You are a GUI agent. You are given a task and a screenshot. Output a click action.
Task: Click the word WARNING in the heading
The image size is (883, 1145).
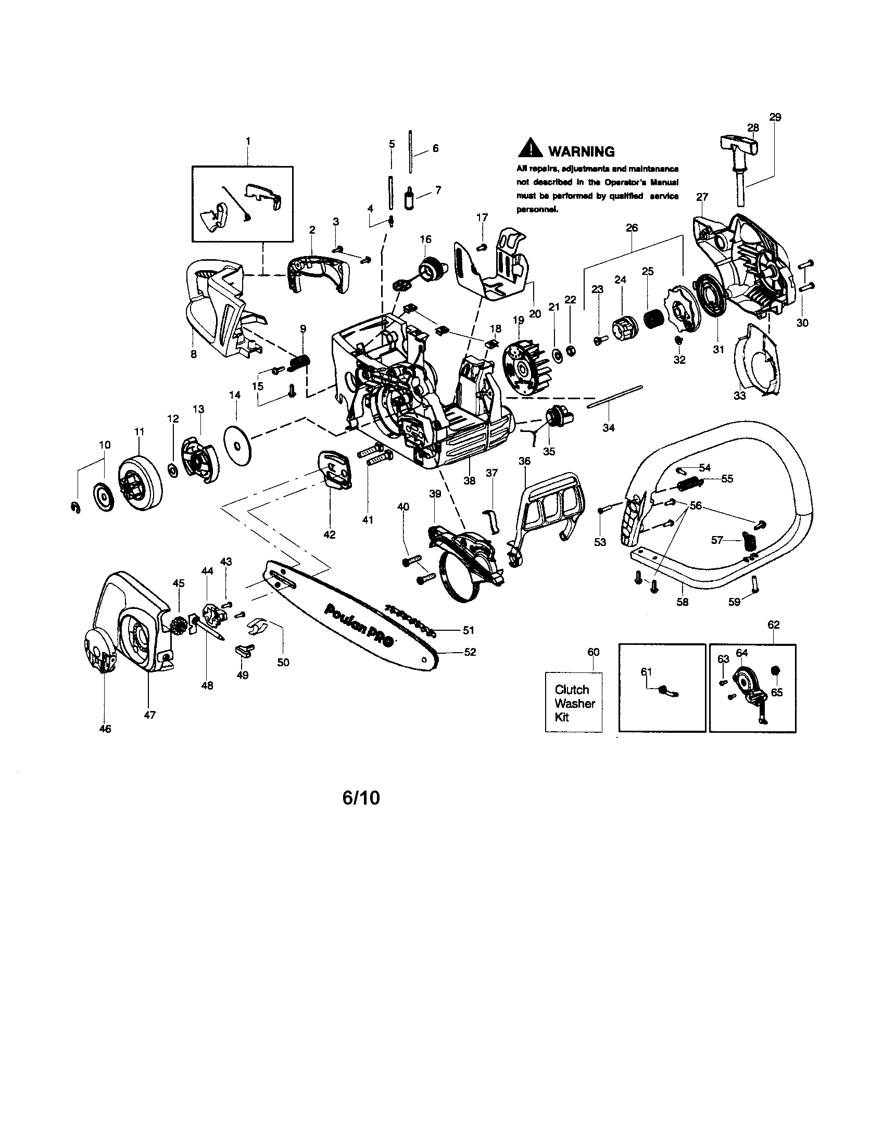[581, 151]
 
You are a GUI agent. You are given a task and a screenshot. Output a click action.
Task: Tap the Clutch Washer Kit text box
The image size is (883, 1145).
[573, 703]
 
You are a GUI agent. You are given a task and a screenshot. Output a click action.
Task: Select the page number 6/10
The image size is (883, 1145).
[361, 797]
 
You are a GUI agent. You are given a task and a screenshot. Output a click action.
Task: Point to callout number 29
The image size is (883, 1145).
[775, 118]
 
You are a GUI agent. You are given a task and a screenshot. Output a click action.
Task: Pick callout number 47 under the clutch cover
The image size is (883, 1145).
[149, 715]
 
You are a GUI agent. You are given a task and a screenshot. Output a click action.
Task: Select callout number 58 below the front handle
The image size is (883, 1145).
[682, 602]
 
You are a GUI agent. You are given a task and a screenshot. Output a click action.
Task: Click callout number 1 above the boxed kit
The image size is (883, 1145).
[247, 141]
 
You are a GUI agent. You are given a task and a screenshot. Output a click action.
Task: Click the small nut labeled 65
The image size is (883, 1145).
[775, 671]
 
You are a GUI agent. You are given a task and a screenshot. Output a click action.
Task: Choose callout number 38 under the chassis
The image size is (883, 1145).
[469, 480]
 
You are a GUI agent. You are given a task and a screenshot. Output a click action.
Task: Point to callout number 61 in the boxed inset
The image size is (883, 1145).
[646, 671]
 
